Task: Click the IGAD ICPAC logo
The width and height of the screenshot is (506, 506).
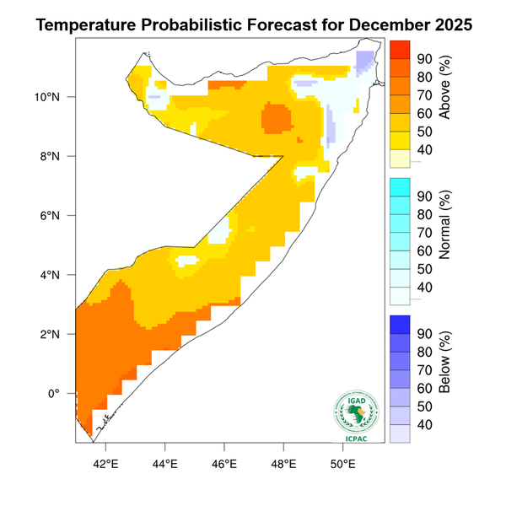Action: [358, 417]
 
